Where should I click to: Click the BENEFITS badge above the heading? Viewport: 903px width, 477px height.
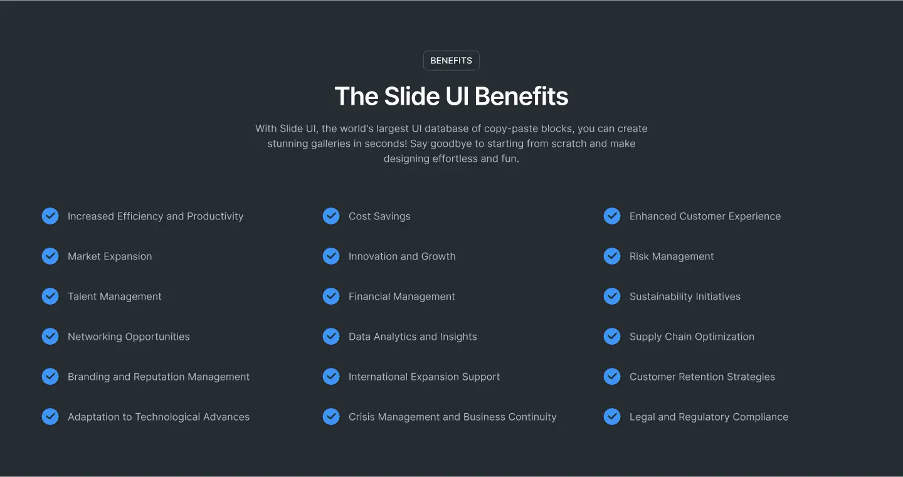pyautogui.click(x=451, y=61)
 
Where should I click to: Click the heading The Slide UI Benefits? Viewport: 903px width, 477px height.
pyautogui.click(x=451, y=97)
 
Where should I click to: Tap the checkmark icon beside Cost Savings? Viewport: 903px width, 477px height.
pyautogui.click(x=331, y=216)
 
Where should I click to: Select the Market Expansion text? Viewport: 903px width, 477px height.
pyautogui.click(x=110, y=256)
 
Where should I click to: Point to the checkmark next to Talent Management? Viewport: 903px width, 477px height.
pyautogui.click(x=50, y=296)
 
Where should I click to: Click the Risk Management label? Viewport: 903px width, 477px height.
pyautogui.click(x=672, y=256)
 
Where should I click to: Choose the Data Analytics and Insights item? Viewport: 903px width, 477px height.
pyautogui.click(x=413, y=337)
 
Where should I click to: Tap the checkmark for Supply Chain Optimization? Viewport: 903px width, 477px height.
pyautogui.click(x=612, y=337)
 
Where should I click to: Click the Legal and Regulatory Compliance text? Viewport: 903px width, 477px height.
pyautogui.click(x=709, y=417)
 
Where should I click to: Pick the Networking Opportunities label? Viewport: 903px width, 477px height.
pyautogui.click(x=129, y=337)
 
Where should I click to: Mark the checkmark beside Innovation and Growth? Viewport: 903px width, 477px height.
pyautogui.click(x=331, y=256)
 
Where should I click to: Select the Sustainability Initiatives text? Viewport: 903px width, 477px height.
pyautogui.click(x=685, y=296)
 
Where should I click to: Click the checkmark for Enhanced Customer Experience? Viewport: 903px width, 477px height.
pyautogui.click(x=612, y=216)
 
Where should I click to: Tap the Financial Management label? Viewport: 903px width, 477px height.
pyautogui.click(x=402, y=296)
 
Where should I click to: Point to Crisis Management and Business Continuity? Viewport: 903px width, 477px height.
pyautogui.click(x=452, y=417)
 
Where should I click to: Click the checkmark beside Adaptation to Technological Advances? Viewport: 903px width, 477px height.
pyautogui.click(x=50, y=417)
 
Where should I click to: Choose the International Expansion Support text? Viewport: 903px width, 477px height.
pyautogui.click(x=424, y=377)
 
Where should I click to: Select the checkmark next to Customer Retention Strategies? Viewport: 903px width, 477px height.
pyautogui.click(x=612, y=377)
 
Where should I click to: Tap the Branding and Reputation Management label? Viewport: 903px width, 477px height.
pyautogui.click(x=159, y=377)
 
